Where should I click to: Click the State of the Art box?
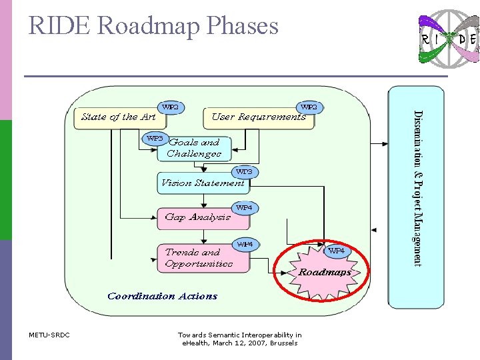coord(118,117)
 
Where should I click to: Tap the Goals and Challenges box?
coord(194,149)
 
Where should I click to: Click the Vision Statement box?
coord(202,183)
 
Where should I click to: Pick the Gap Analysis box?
coord(197,217)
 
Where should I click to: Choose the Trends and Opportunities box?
coord(203,258)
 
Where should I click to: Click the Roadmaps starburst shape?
coord(323,269)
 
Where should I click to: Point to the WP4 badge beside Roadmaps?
coord(336,251)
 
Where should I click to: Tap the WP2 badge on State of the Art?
coord(171,107)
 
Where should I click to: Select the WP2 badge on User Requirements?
coord(309,107)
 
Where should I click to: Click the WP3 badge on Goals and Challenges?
coord(155,139)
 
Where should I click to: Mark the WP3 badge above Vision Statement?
coord(244,172)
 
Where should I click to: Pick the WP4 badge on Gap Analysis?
coord(244,208)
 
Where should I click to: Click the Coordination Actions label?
coord(162,296)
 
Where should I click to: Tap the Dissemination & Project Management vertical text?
coord(417,188)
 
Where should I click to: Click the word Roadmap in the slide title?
coord(150,26)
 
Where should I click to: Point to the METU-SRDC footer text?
coord(49,335)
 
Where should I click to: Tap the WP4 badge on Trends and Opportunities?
coord(245,244)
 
